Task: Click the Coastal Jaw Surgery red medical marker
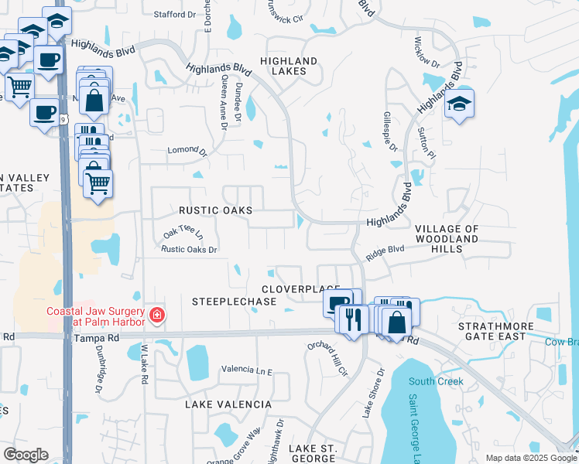coord(157,316)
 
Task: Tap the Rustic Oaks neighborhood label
coord(215,210)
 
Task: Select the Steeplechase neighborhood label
coord(234,301)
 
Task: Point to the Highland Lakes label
coord(289,66)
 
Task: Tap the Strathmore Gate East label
coord(496,332)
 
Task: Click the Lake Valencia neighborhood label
coord(228,404)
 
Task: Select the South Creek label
coord(436,381)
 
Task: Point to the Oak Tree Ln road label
coord(183,232)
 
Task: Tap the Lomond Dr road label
coord(188,152)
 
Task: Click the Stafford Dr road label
coord(175,15)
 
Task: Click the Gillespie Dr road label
coord(392,137)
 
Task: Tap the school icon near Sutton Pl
coord(459,104)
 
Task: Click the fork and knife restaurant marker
coord(352,318)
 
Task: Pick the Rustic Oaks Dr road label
coord(189,249)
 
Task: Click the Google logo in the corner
coord(26,455)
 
